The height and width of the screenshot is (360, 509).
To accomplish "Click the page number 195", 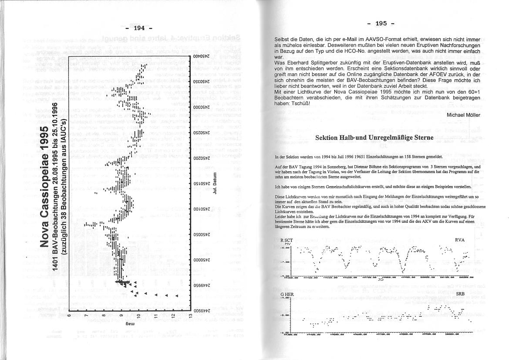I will click(380, 24).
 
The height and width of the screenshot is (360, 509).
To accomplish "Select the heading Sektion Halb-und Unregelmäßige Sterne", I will click(374, 138).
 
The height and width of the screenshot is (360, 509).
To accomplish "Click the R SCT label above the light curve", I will click(287, 240).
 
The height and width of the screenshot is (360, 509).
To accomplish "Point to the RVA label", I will click(460, 240).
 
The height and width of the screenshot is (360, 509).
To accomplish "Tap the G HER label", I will click(287, 295).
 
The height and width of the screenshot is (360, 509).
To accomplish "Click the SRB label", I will click(461, 295).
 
